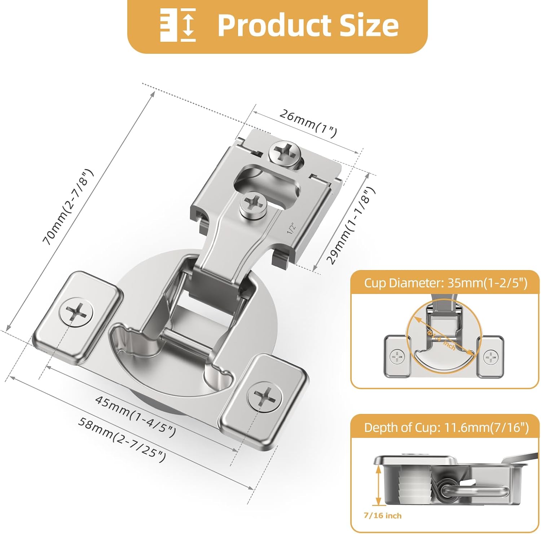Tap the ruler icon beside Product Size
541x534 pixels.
tap(178, 25)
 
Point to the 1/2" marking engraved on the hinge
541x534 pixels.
tap(291, 228)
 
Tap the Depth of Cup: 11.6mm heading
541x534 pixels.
tap(446, 427)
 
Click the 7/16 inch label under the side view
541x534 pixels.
tap(382, 516)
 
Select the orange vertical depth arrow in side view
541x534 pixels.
tap(378, 485)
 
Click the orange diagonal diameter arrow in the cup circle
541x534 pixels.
tap(444, 335)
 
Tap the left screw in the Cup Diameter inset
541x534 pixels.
tap(397, 356)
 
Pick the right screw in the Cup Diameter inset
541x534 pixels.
tap(491, 357)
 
